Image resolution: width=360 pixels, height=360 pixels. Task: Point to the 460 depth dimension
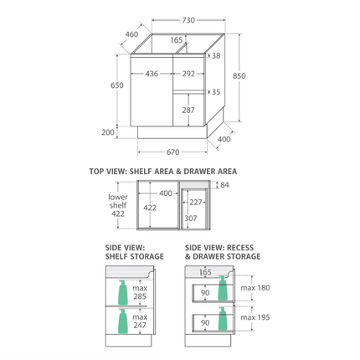pyautogui.click(x=131, y=35)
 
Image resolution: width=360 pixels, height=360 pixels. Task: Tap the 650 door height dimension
pyautogui.click(x=116, y=85)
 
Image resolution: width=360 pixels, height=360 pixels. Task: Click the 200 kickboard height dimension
pyautogui.click(x=109, y=132)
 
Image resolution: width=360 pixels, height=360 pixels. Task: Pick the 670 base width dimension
pyautogui.click(x=173, y=152)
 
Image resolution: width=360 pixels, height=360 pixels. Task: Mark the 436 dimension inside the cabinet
pyautogui.click(x=152, y=73)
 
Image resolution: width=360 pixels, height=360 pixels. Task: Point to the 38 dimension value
pyautogui.click(x=215, y=56)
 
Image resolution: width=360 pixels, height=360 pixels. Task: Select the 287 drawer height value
pyautogui.click(x=188, y=110)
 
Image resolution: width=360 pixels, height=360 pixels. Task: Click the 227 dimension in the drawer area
pyautogui.click(x=195, y=202)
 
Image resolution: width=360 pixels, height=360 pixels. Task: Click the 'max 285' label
pyautogui.click(x=139, y=291)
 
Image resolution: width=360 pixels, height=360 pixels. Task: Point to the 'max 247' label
pyautogui.click(x=140, y=322)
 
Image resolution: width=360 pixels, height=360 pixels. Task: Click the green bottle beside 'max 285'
pyautogui.click(x=123, y=291)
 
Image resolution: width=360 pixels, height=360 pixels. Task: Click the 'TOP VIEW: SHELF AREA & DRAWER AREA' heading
pyautogui.click(x=162, y=171)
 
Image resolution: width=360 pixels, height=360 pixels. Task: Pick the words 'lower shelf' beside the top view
pyautogui.click(x=118, y=201)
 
